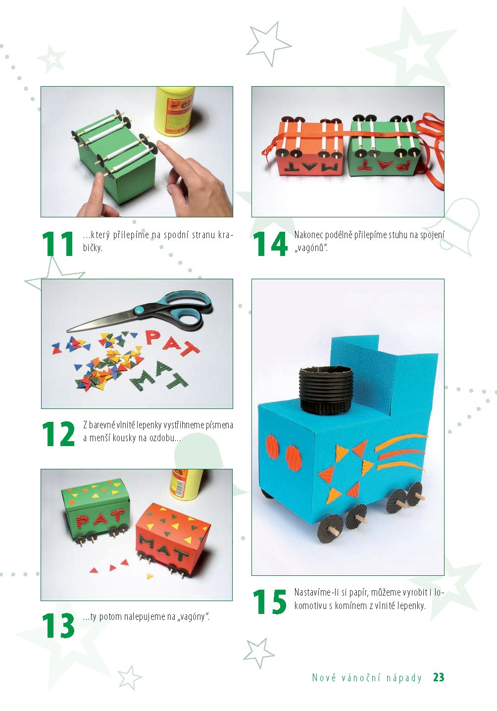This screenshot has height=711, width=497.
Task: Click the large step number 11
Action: pos(58,244)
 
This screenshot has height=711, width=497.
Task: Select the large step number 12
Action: pos(58,434)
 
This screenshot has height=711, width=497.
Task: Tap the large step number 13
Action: pos(58,626)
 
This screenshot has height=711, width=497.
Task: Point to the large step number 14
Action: pos(270,244)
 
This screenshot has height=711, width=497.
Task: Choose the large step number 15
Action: pos(270,602)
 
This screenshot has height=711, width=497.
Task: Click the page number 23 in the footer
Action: pos(439,677)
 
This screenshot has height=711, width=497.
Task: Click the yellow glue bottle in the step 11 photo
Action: pos(174,111)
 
